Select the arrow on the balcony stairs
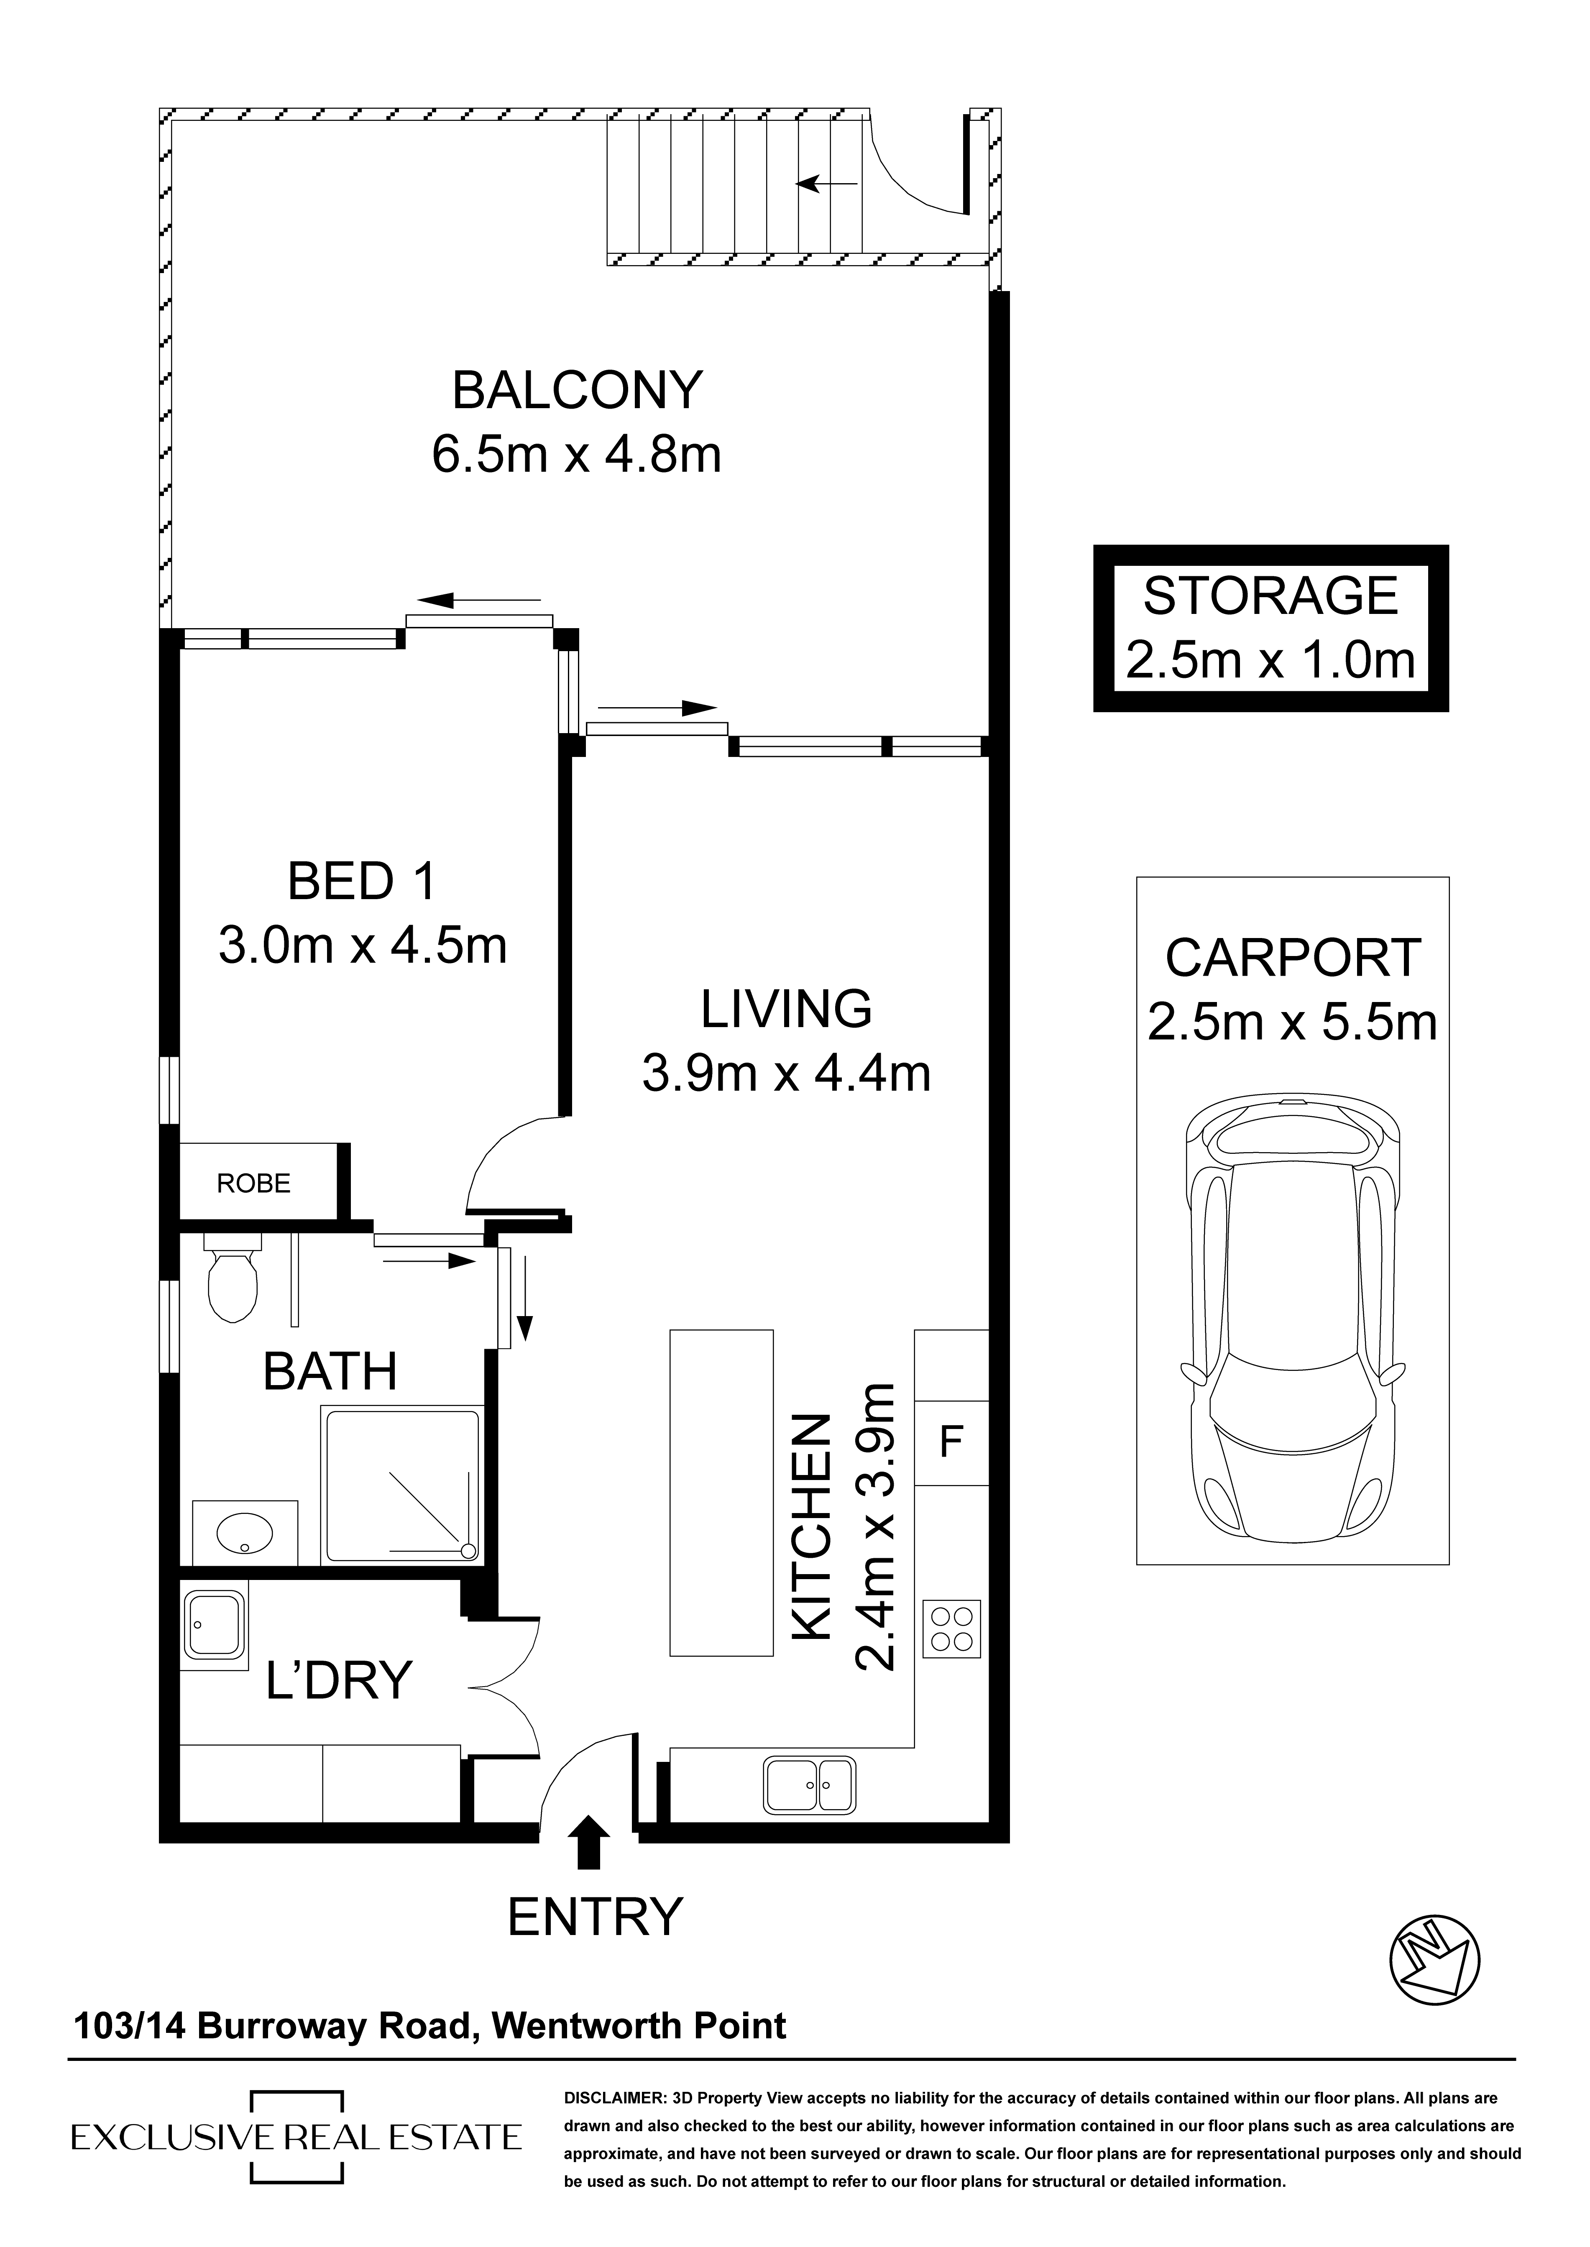(827, 183)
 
